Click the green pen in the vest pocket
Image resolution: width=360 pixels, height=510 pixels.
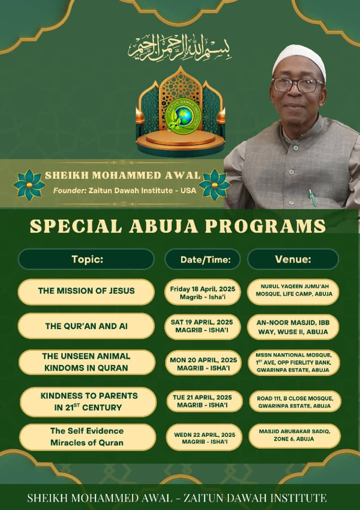click(x=312, y=197)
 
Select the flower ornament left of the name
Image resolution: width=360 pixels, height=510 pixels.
click(x=29, y=185)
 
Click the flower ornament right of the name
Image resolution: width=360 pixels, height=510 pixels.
click(x=215, y=185)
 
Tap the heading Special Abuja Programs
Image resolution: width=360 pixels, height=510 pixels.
click(x=177, y=226)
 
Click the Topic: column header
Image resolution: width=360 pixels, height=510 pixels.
click(x=87, y=259)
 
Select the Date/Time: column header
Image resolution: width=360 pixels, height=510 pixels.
click(x=202, y=259)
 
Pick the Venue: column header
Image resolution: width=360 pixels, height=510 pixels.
click(x=293, y=259)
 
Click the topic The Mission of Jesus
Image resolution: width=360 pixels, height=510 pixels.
click(x=86, y=291)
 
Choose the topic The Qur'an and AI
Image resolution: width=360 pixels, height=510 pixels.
click(x=86, y=326)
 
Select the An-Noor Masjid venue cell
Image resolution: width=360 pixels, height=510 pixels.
click(x=293, y=326)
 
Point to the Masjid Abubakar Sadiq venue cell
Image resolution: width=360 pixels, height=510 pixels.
click(x=294, y=435)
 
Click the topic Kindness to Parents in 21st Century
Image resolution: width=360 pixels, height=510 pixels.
click(x=88, y=401)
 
